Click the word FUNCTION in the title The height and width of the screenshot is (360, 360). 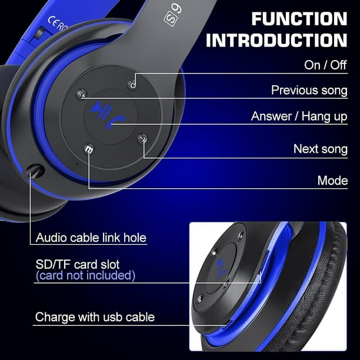coord(299,19)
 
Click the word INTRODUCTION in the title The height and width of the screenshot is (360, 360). coord(276,41)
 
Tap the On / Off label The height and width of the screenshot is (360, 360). coord(325,65)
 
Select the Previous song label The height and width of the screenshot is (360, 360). coord(309,90)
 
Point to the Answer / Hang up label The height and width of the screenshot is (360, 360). coord(299,116)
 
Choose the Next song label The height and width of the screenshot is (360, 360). coord(321,149)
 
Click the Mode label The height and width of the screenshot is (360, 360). coord(333,181)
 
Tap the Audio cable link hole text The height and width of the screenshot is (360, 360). coord(91,238)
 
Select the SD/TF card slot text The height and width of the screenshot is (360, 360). coord(78,265)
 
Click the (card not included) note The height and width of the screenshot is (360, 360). coord(85,275)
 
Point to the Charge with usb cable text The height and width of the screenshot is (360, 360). coord(95,317)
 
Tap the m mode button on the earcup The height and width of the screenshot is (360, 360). coord(89,149)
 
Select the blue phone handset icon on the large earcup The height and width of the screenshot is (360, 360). coord(115,122)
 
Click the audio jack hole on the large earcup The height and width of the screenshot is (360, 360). coord(35,171)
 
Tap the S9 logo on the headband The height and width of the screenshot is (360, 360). coord(174,16)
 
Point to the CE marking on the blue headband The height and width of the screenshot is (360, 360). coord(53,22)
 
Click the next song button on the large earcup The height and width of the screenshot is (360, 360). coord(143,139)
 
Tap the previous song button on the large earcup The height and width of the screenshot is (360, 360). coord(82,94)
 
